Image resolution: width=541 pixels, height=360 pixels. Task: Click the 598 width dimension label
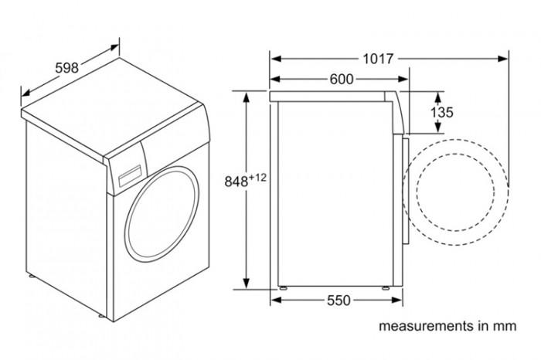click(66, 67)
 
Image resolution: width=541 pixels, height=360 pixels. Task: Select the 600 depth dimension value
click(341, 79)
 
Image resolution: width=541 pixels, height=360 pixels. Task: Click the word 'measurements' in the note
click(415, 326)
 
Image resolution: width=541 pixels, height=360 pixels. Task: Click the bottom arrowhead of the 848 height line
click(247, 284)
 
